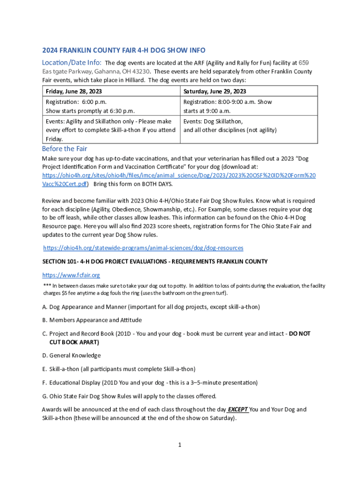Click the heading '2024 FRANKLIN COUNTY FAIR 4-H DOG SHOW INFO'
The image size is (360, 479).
(x=124, y=50)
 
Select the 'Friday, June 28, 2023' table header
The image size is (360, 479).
(x=74, y=91)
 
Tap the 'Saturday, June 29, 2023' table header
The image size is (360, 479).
(x=215, y=91)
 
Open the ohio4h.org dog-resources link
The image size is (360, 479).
(x=143, y=247)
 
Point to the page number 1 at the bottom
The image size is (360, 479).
(x=180, y=444)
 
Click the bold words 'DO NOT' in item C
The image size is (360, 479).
(x=300, y=334)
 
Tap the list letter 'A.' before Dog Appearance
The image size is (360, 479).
(x=45, y=307)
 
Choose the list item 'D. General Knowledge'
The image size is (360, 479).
(x=71, y=356)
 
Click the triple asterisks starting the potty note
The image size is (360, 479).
(x=46, y=286)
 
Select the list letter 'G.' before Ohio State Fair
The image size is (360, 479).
(x=45, y=396)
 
